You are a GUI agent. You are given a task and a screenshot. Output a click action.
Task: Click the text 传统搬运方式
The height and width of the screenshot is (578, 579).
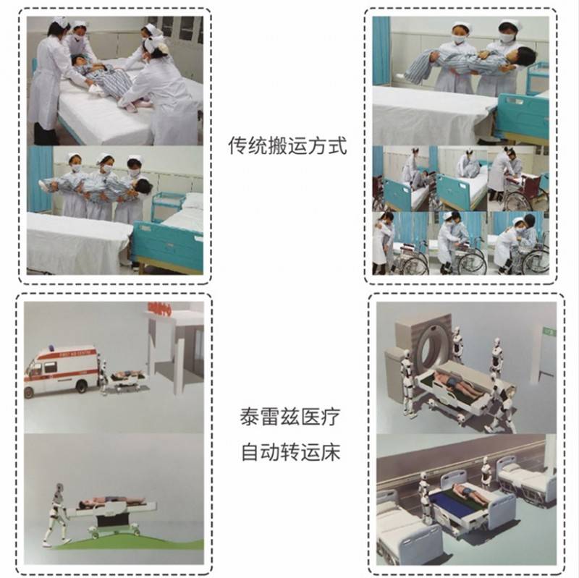coord(287,145)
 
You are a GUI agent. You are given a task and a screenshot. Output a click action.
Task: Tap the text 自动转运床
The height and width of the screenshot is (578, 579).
coord(290,452)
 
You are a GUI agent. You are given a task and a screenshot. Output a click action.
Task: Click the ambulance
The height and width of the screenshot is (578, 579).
coord(61,372)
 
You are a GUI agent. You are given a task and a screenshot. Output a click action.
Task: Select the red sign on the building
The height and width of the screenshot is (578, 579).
coord(159,310)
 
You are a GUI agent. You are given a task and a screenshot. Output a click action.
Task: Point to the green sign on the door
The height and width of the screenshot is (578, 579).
coord(549,331)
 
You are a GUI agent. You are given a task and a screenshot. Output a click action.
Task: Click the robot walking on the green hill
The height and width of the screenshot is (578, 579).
coord(56,514)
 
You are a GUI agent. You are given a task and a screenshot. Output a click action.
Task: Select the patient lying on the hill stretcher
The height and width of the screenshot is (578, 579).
coord(111,501)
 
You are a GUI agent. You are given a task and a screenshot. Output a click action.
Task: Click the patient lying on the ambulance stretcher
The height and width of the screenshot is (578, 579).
coord(126,374)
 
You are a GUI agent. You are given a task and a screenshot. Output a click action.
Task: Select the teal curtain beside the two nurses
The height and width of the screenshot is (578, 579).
coord(381,51)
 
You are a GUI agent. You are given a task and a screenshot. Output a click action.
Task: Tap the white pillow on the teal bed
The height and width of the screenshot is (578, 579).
coord(193,202)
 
